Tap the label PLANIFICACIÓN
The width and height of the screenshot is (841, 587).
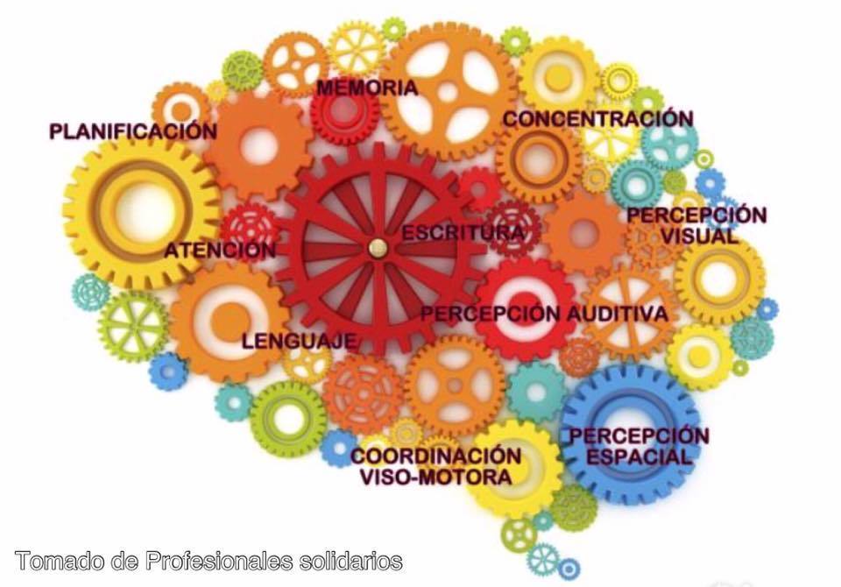click(132, 131)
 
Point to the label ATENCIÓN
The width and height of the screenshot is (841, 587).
click(220, 251)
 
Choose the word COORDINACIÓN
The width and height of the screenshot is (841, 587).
click(435, 456)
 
